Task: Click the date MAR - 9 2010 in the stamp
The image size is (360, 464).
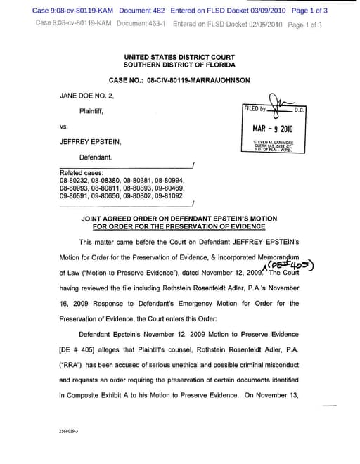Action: [x=273, y=129]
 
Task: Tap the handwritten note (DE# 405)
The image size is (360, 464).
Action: [x=290, y=263]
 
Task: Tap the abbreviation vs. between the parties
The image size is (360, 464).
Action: [x=63, y=127]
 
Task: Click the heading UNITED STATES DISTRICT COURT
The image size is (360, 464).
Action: [x=179, y=56]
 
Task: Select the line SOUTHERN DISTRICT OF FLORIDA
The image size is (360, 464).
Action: [x=179, y=65]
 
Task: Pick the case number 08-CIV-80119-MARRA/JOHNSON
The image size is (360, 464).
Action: [x=198, y=80]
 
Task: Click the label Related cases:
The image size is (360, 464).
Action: [x=82, y=173]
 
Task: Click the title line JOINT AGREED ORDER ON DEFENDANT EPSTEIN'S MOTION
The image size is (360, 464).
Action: [x=179, y=219]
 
